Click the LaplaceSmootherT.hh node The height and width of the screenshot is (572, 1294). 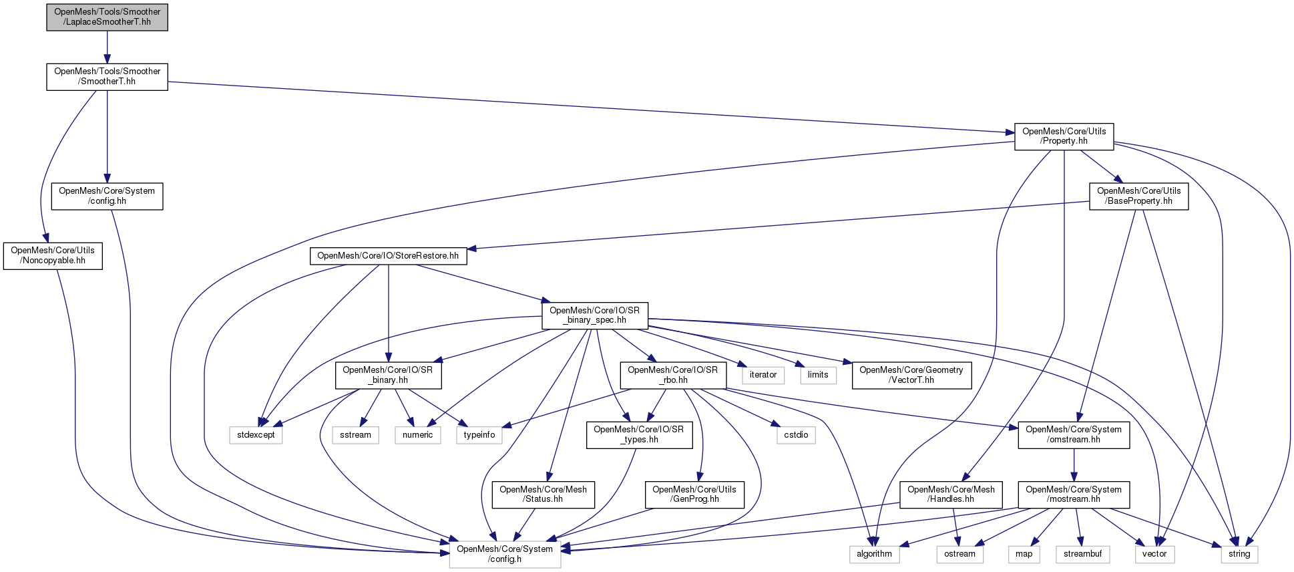(x=107, y=17)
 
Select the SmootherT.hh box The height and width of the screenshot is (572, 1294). (x=107, y=77)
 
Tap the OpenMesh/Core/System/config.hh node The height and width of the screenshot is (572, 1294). (x=107, y=196)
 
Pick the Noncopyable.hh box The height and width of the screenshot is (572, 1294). (x=53, y=256)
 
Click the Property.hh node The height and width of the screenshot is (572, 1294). (x=1064, y=136)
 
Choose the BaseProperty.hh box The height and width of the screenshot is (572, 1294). (x=1138, y=196)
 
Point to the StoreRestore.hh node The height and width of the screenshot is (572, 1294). (x=388, y=256)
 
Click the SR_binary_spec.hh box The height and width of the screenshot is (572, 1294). (x=594, y=315)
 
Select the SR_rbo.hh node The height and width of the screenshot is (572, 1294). (x=672, y=376)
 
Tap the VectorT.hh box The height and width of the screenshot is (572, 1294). (x=911, y=376)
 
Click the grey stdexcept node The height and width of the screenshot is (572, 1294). (x=256, y=435)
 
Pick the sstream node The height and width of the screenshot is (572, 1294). (x=355, y=435)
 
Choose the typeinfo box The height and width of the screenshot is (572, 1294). (x=479, y=435)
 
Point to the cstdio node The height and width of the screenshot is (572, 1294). (x=796, y=435)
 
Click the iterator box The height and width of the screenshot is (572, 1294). (x=763, y=375)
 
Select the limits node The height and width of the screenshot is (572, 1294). (x=818, y=375)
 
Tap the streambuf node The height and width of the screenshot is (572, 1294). (x=1082, y=554)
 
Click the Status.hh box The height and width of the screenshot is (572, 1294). (x=543, y=494)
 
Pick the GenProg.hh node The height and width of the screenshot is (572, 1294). (x=694, y=494)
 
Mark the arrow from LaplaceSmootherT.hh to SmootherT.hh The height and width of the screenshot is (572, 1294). (x=107, y=47)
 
